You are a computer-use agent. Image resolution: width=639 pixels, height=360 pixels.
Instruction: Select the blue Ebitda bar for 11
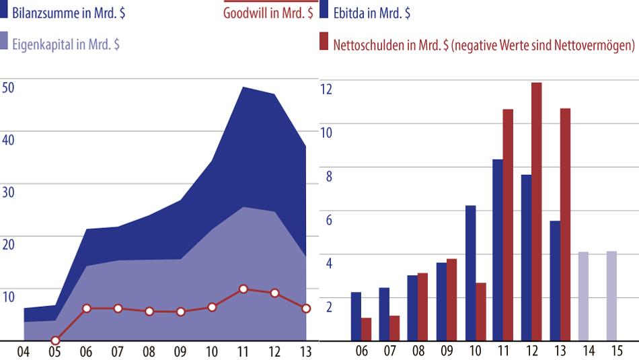click(x=498, y=250)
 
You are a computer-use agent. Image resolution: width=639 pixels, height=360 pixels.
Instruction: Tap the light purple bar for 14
click(x=583, y=296)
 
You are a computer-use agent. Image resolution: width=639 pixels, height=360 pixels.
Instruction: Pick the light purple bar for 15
click(x=611, y=296)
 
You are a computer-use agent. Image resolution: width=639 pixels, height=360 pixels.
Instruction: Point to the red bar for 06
click(x=367, y=329)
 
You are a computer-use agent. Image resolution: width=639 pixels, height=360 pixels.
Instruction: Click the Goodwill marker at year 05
click(x=55, y=340)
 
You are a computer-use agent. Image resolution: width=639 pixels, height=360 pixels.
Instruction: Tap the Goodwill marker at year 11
click(x=243, y=289)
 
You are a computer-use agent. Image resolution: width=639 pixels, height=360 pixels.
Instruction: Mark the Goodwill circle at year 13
click(x=306, y=308)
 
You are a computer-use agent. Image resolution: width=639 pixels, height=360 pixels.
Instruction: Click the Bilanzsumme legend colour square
click(x=5, y=13)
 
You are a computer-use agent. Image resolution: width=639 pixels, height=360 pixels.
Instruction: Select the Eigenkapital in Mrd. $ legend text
click(x=67, y=44)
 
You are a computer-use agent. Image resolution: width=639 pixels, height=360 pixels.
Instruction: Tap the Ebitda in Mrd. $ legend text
click(x=371, y=13)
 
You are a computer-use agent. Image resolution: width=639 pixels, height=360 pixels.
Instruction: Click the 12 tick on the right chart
click(x=326, y=88)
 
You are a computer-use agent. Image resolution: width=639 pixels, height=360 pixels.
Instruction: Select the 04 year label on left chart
click(x=24, y=351)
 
